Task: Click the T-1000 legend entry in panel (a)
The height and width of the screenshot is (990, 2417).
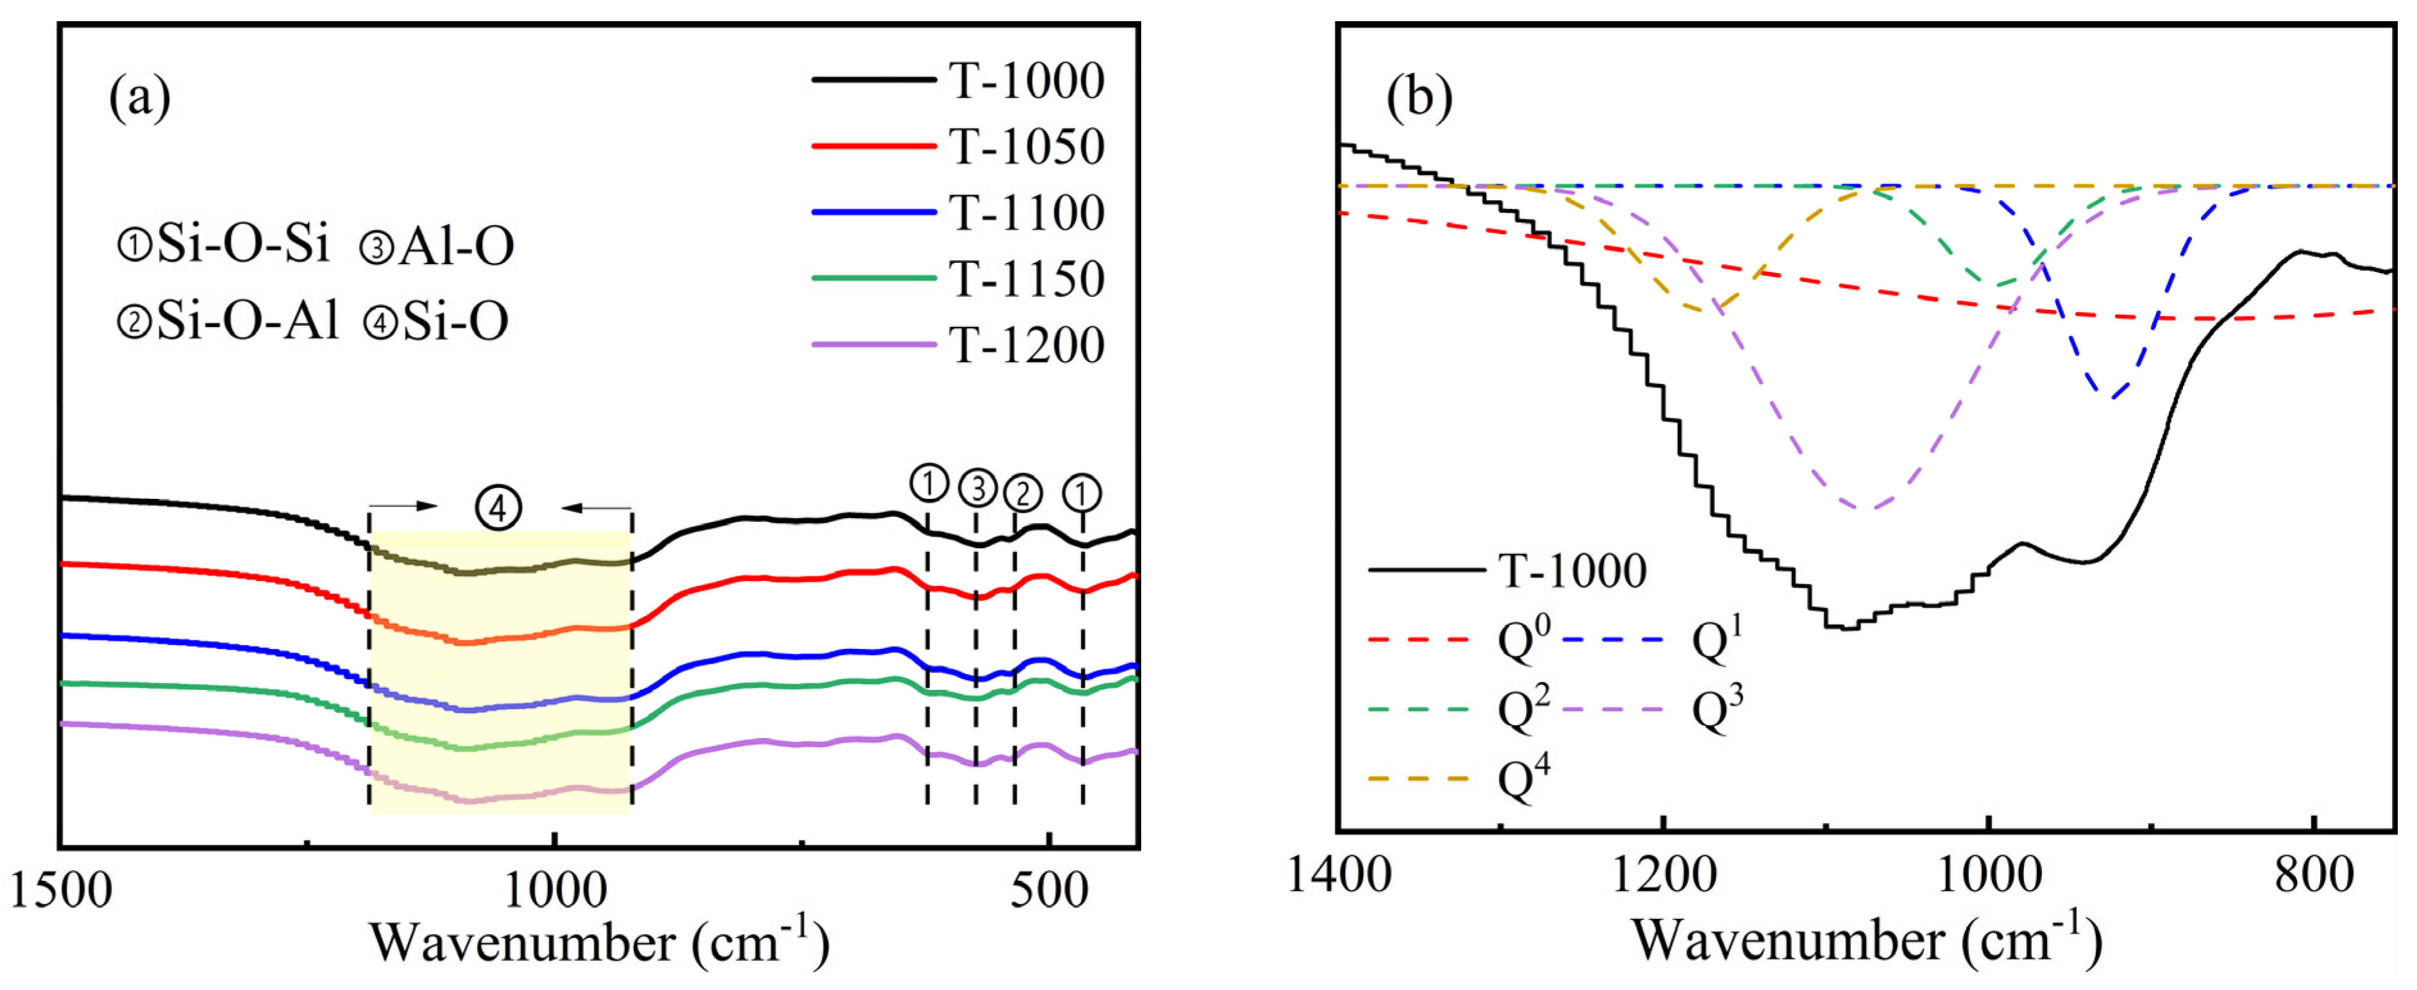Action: click(1026, 81)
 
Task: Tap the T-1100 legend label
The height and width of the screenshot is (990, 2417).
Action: click(1026, 213)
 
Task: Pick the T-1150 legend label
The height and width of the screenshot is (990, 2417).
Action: click(1026, 279)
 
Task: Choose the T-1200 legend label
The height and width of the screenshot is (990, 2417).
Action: click(1026, 346)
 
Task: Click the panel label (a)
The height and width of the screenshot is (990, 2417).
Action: click(140, 97)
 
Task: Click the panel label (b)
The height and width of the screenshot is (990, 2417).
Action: click(1419, 97)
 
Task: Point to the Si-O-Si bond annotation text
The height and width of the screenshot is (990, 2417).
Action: click(223, 245)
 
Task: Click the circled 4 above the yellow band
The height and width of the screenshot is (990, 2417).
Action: click(498, 508)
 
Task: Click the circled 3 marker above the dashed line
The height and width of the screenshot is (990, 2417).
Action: click(978, 488)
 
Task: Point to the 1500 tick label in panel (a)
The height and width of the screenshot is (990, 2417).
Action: click(61, 889)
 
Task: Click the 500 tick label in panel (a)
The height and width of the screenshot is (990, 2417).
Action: click(1049, 889)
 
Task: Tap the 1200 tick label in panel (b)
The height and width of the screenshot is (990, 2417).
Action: click(1664, 875)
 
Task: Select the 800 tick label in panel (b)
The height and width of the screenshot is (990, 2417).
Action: click(2314, 875)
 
